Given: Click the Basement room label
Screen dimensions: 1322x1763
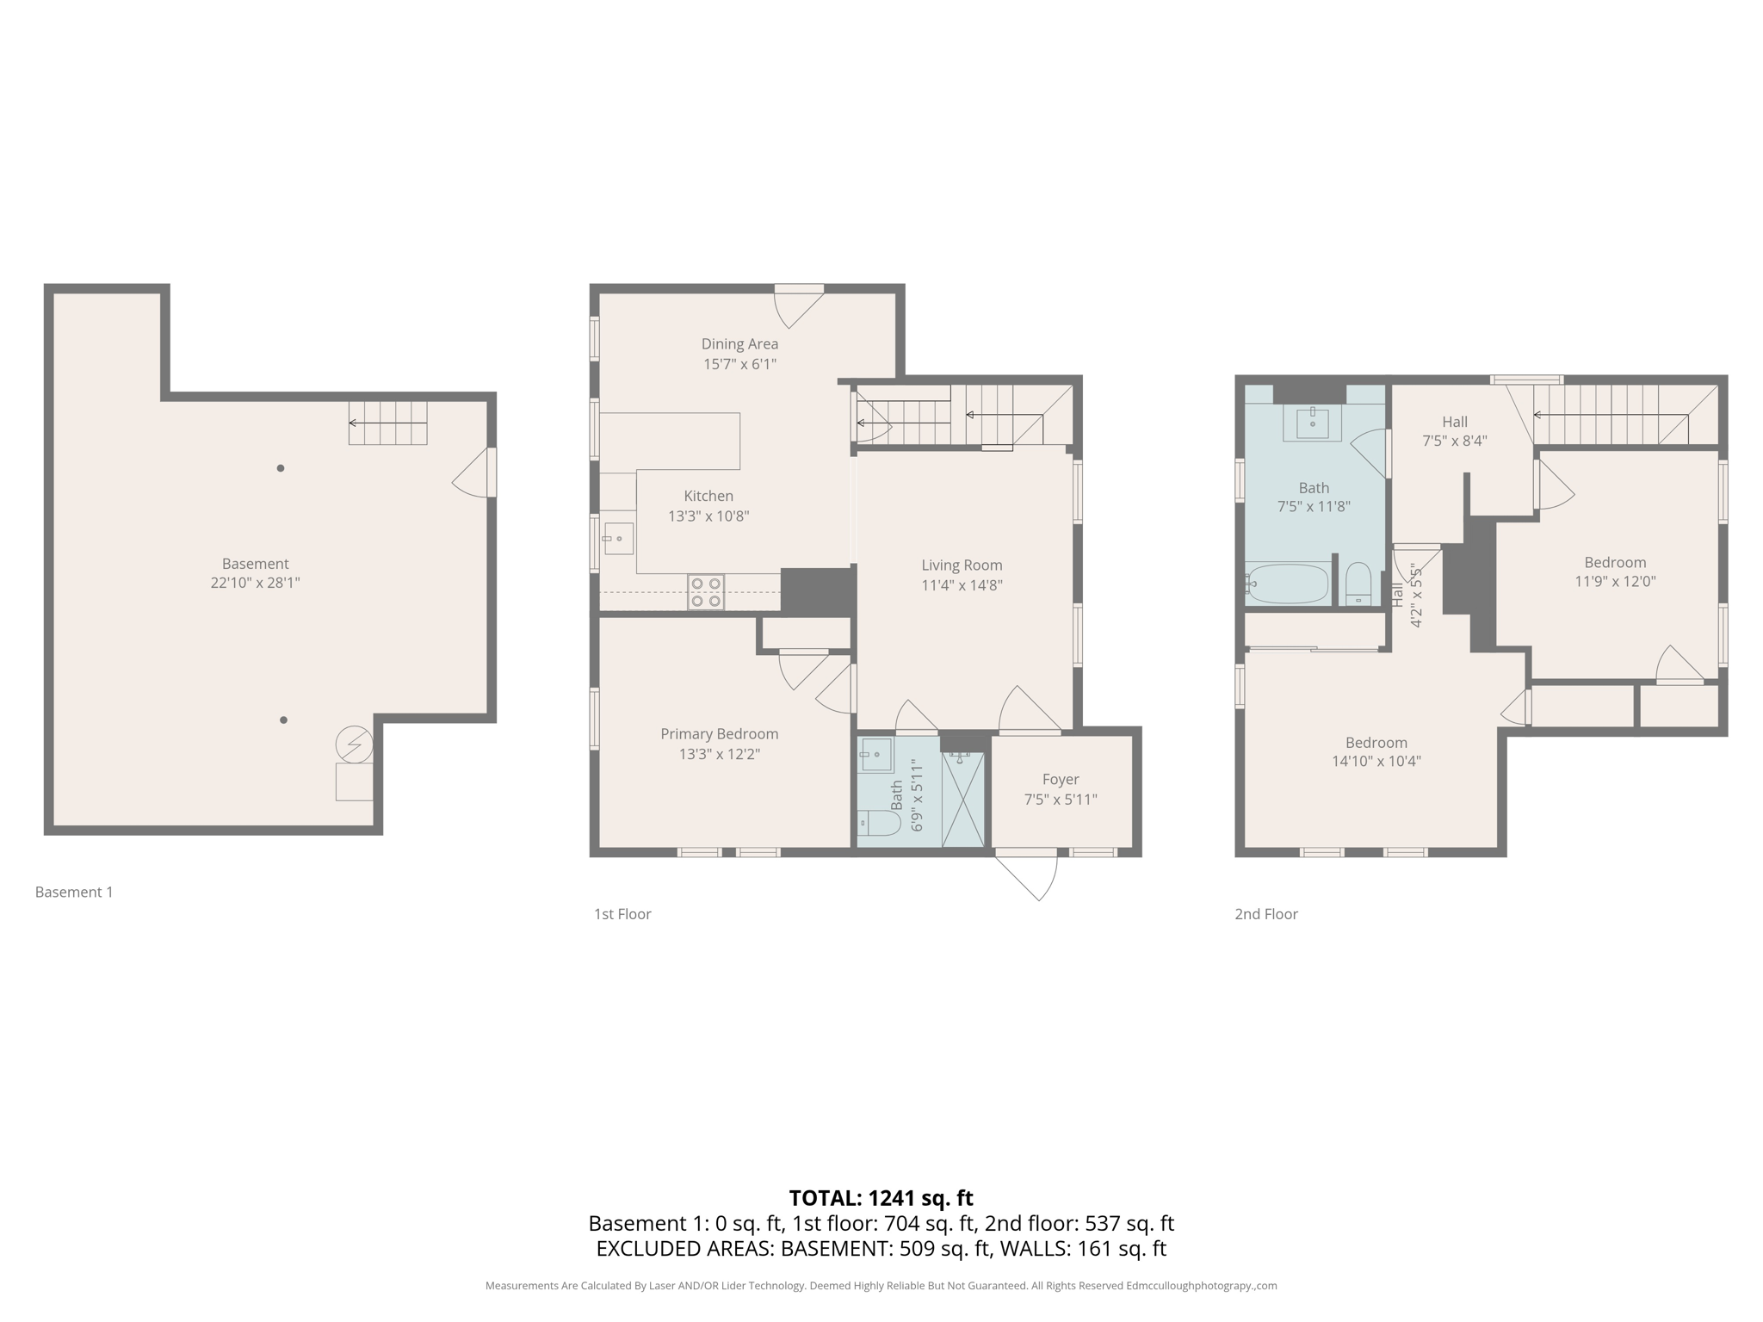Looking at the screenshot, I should point(255,564).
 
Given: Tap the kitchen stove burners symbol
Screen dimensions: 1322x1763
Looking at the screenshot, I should point(706,593).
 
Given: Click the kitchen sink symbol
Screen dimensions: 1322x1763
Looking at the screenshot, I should point(618,539).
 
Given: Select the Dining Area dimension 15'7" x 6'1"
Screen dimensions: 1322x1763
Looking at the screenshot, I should point(739,364).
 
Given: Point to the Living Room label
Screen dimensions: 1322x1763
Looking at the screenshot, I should point(962,565).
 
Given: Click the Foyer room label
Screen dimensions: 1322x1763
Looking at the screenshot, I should point(1060,780).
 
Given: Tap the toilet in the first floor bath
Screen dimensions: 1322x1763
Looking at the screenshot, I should point(878,823).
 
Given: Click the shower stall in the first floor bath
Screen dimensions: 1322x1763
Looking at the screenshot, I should point(962,800).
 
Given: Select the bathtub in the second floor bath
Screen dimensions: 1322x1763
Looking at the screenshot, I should point(1288,584).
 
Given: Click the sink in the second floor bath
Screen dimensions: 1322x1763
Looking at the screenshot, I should point(1312,423).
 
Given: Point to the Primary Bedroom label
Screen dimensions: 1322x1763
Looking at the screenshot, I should point(719,734).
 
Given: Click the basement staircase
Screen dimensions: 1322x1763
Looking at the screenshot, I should point(387,423).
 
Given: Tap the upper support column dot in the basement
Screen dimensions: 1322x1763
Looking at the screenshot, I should point(281,468).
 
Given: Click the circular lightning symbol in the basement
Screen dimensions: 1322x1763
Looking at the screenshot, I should point(354,744).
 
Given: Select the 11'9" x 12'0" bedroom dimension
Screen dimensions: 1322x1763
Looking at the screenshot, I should point(1615,581).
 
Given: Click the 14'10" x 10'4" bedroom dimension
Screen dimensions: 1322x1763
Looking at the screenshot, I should point(1376,761).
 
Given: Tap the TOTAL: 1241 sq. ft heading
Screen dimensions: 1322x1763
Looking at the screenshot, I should point(881,1198).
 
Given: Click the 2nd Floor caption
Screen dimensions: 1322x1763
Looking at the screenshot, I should point(1265,914).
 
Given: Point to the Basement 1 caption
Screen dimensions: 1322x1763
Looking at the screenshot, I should point(74,893).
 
